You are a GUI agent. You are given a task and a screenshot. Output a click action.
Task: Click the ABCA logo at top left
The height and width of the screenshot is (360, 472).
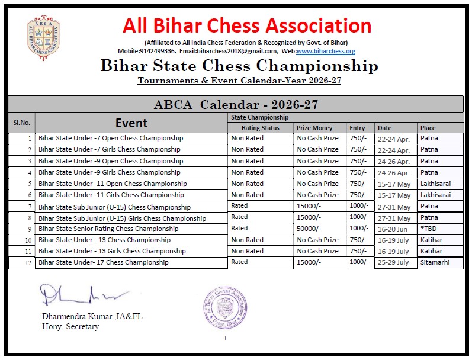click(43, 39)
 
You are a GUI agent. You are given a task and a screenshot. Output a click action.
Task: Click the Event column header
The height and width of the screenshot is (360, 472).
click(131, 123)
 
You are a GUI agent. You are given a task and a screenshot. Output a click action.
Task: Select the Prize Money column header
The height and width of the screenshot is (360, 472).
click(314, 128)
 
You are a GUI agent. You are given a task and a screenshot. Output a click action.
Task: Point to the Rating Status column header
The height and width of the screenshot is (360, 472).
click(260, 128)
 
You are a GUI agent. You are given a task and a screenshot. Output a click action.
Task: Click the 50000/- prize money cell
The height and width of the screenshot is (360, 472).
click(309, 229)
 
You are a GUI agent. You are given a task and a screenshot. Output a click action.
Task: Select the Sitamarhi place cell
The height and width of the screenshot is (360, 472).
click(434, 262)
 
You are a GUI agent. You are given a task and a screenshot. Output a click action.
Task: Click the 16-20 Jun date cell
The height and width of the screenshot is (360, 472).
click(393, 229)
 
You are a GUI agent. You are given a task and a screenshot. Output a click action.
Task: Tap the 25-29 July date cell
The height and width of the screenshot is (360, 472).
click(394, 263)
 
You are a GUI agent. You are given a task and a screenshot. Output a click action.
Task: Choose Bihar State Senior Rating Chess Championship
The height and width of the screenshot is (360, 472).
click(108, 229)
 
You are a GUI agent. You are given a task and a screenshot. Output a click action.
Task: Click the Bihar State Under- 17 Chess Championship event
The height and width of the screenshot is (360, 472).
click(104, 262)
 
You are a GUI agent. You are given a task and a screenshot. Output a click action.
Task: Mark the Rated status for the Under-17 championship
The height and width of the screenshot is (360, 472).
click(240, 262)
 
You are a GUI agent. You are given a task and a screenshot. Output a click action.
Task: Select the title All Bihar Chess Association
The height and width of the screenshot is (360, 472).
click(247, 26)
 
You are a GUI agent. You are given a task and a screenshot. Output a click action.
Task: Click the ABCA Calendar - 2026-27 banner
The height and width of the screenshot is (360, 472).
click(236, 105)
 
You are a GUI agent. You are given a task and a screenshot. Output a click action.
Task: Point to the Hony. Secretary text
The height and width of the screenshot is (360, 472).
click(70, 326)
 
